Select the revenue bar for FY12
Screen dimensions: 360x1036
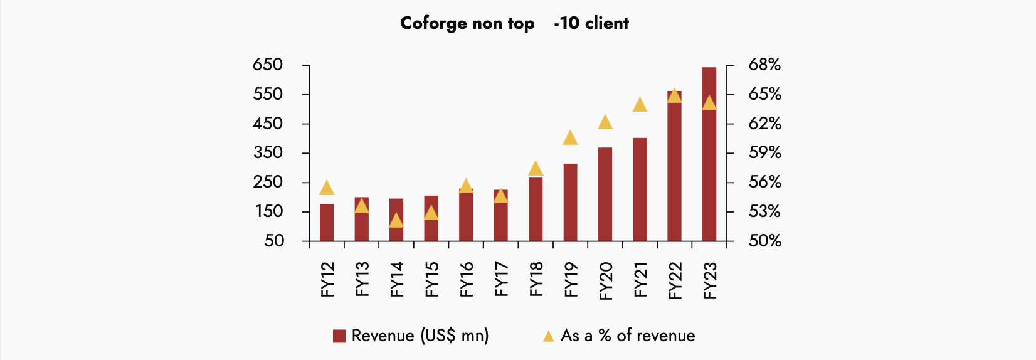(327, 223)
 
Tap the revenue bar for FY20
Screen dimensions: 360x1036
(605, 194)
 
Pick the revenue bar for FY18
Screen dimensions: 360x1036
(536, 209)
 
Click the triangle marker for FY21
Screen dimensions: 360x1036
(640, 105)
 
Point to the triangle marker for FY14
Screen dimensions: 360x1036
(396, 221)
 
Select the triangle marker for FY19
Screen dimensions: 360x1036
(570, 137)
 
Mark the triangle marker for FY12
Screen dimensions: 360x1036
(327, 188)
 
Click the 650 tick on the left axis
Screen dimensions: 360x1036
(268, 65)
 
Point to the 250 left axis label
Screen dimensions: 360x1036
(268, 182)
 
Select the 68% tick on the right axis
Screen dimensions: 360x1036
(764, 65)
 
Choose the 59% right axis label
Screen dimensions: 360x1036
(764, 152)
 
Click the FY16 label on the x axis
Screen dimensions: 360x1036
(466, 279)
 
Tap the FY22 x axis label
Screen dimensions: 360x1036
(675, 280)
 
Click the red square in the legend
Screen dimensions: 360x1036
(339, 336)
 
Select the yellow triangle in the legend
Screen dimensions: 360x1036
(548, 336)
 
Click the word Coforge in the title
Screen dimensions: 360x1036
(433, 23)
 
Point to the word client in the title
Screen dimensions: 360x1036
(606, 23)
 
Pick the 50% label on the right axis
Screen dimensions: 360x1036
(764, 241)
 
